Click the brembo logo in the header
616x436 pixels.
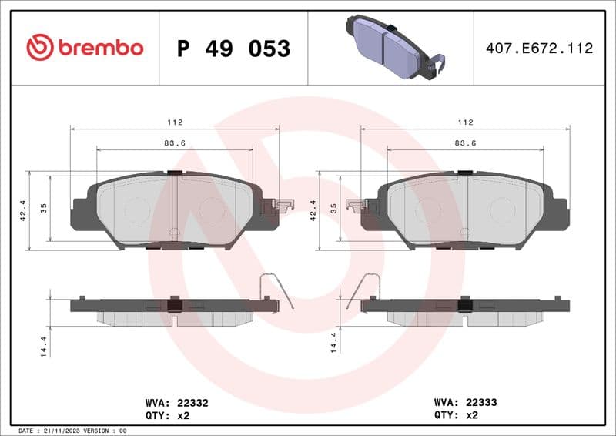point(85,48)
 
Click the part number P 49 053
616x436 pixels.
point(233,49)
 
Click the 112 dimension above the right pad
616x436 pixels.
point(464,122)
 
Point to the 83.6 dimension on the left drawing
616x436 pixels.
point(174,143)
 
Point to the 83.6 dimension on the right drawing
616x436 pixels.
point(464,143)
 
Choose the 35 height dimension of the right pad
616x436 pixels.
point(334,209)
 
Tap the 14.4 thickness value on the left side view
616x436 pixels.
point(44,343)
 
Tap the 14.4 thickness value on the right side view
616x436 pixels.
point(334,343)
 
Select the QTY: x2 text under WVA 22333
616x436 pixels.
point(457,415)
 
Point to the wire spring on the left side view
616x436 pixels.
point(276,290)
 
